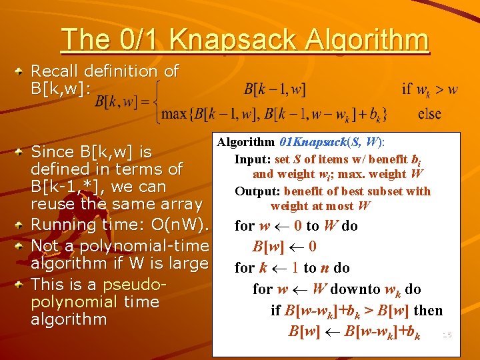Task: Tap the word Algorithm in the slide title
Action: (x=365, y=40)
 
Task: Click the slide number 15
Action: (x=447, y=335)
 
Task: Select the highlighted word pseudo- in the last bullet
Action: (x=131, y=285)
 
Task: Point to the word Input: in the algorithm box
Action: (x=253, y=159)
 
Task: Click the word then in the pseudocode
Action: (x=428, y=310)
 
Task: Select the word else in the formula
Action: (x=429, y=113)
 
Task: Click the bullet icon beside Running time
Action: (x=22, y=225)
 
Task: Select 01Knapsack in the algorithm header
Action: (x=311, y=142)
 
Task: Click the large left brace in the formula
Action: (x=157, y=101)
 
